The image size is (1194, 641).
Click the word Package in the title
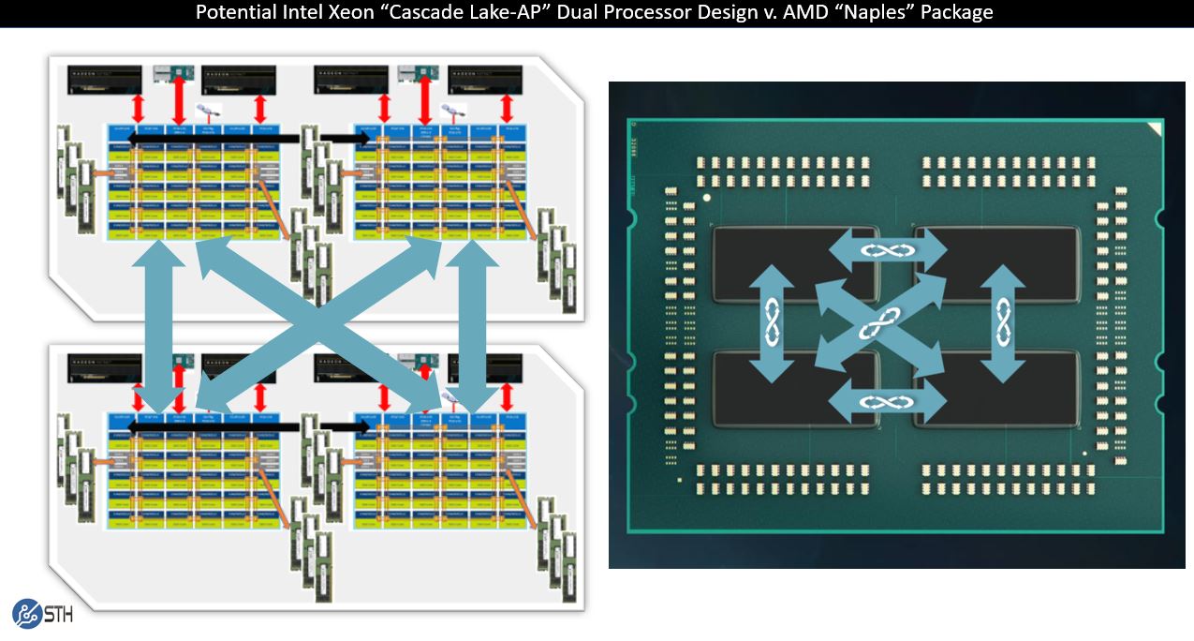pyautogui.click(x=953, y=13)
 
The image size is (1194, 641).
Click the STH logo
pyautogui.click(x=42, y=613)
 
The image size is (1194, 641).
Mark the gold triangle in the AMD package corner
pyautogui.click(x=1154, y=129)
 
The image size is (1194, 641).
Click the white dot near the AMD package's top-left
pyautogui.click(x=707, y=199)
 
